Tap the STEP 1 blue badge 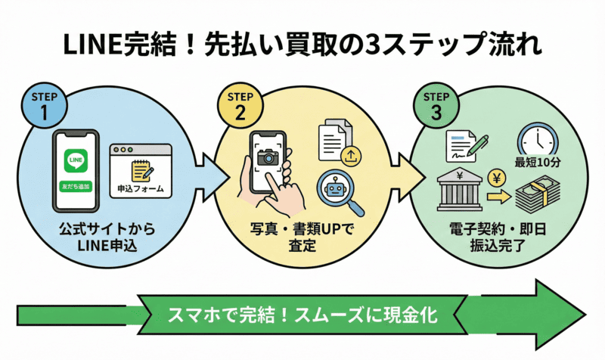48,105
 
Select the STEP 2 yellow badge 240,105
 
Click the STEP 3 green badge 435,105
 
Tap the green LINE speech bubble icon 76,160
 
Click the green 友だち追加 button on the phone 76,185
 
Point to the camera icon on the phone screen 268,157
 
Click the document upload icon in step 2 336,144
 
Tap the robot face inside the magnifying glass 334,185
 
